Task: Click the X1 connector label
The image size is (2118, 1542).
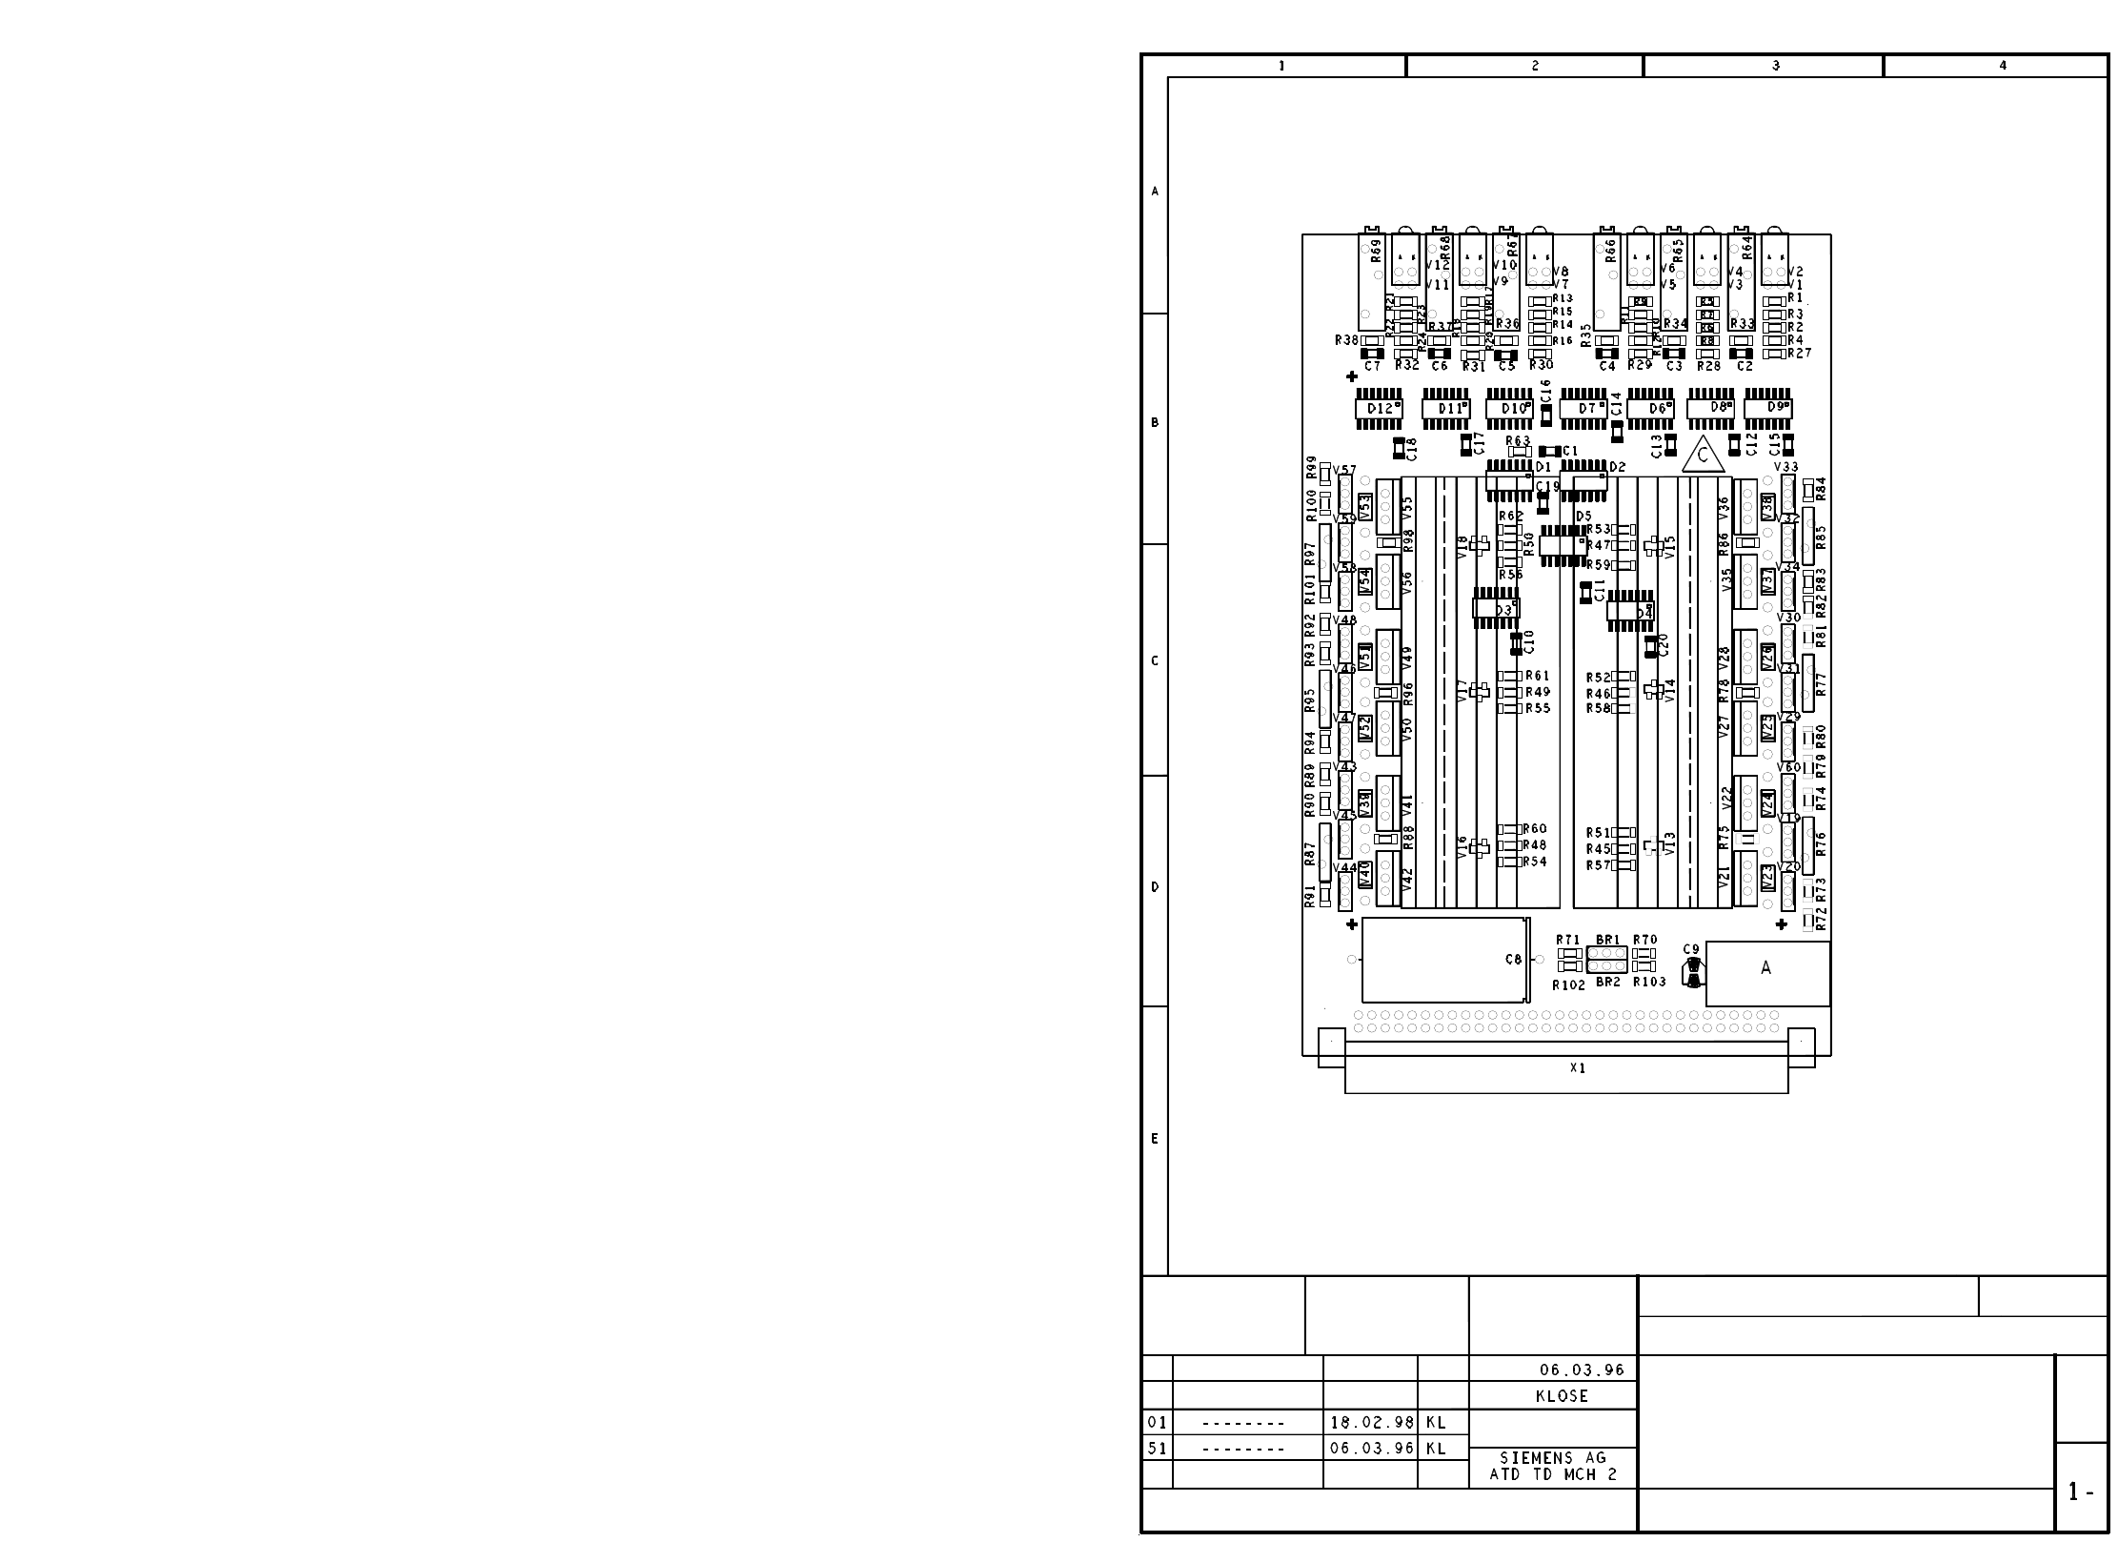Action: pos(1577,1068)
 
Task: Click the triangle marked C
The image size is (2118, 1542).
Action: pos(1704,457)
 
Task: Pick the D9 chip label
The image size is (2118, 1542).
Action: pos(1776,407)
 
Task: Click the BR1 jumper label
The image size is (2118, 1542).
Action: pos(1607,940)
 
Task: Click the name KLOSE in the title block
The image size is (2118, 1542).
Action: pos(1563,1396)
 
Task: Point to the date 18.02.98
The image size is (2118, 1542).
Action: pos(1372,1423)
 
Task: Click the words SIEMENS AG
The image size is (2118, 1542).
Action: pos(1553,1458)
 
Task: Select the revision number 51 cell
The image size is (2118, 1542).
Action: pos(1157,1449)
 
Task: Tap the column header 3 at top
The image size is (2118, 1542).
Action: pos(1776,66)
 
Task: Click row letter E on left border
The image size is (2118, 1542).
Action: pos(1155,1139)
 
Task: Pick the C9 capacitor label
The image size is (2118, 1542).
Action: pos(1691,949)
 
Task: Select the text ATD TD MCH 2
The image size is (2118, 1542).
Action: pos(1553,1475)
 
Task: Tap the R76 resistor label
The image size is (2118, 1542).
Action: pos(1821,843)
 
